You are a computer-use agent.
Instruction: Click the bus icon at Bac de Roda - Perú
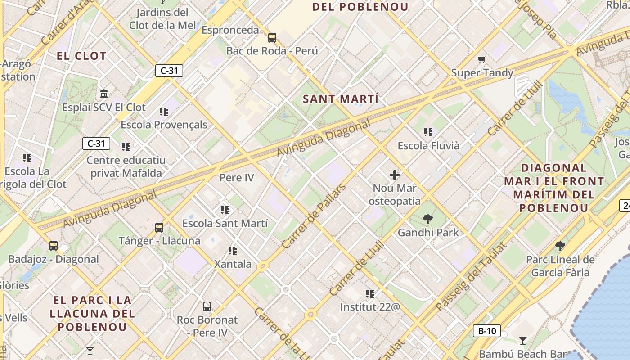pyautogui.click(x=272, y=37)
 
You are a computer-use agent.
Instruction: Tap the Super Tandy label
pyautogui.click(x=482, y=73)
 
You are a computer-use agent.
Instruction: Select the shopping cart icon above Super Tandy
pyautogui.click(x=481, y=59)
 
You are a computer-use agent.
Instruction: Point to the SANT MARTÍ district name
pyautogui.click(x=341, y=99)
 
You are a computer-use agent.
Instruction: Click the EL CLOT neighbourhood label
pyautogui.click(x=81, y=56)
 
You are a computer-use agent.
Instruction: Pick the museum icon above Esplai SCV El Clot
pyautogui.click(x=104, y=94)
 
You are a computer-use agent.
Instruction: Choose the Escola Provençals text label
pyautogui.click(x=164, y=125)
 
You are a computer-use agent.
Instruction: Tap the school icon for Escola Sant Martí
pyautogui.click(x=225, y=210)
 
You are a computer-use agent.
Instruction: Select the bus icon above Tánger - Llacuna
pyautogui.click(x=159, y=227)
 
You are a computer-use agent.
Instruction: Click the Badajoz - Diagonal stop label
pyautogui.click(x=54, y=259)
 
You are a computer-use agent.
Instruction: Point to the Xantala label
pyautogui.click(x=233, y=264)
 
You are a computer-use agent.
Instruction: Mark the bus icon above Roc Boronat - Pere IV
pyautogui.click(x=207, y=306)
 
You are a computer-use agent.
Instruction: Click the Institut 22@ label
pyautogui.click(x=369, y=307)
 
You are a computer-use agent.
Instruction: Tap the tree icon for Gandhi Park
pyautogui.click(x=427, y=219)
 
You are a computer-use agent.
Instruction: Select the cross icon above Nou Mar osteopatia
pyautogui.click(x=395, y=175)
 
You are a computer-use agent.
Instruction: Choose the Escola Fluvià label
pyautogui.click(x=428, y=146)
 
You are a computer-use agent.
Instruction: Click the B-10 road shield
pyautogui.click(x=487, y=331)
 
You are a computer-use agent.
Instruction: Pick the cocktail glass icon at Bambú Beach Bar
pyautogui.click(x=522, y=340)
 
